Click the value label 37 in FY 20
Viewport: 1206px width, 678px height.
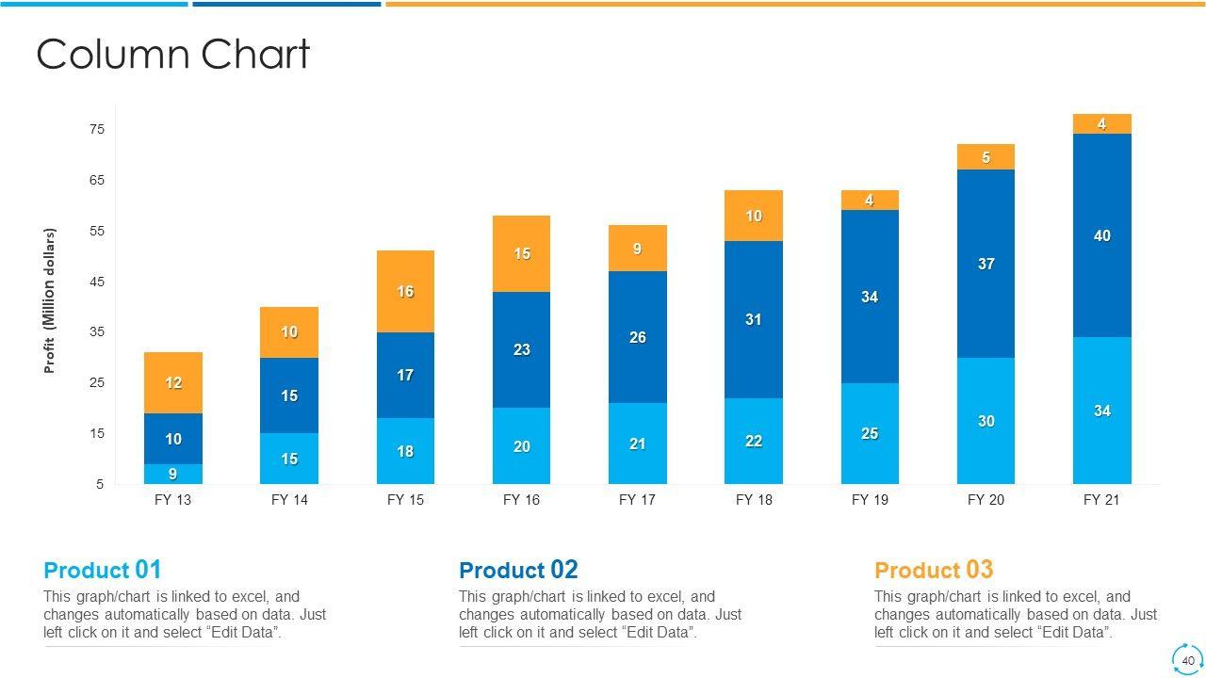986,264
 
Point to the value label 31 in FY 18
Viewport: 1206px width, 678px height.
754,320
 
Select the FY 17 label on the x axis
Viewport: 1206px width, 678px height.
637,500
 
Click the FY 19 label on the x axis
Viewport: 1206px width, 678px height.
870,500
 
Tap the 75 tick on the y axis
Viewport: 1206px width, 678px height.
97,129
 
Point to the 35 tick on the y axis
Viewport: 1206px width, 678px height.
97,332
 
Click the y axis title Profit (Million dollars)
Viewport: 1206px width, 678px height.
50,300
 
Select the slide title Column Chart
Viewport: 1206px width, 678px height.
172,55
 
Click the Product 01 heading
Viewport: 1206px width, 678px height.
103,570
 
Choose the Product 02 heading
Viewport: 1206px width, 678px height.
518,570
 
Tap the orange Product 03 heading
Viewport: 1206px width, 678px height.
934,570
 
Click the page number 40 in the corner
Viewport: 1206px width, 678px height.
1188,660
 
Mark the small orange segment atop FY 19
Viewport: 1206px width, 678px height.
870,200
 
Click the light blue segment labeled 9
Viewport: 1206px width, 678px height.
172,474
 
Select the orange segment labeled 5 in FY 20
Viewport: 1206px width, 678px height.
986,156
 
